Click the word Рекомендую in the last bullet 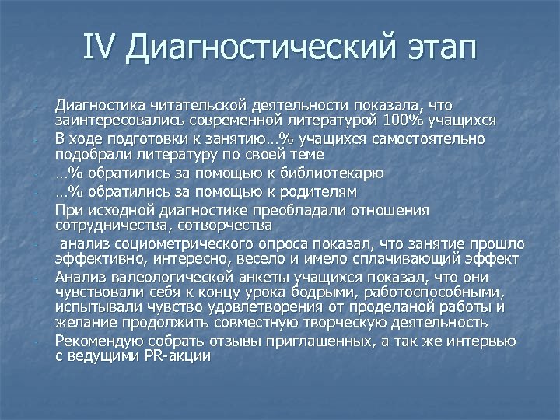pyautogui.click(x=100, y=341)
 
